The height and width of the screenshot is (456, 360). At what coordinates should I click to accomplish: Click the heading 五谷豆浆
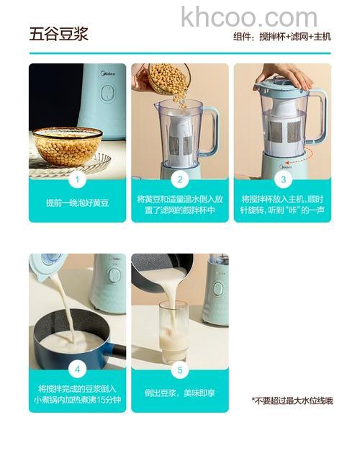coord(58,34)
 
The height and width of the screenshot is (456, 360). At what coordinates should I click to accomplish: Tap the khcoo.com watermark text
coord(248,17)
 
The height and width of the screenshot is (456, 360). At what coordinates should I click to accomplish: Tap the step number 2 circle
coord(180,180)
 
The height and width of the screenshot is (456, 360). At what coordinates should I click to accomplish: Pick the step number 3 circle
coord(282,180)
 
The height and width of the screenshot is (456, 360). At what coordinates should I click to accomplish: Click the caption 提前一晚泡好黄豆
coord(77,203)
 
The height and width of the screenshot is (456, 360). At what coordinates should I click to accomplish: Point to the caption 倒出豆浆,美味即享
coord(180,393)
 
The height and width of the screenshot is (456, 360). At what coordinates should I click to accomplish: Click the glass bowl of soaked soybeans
coord(68,146)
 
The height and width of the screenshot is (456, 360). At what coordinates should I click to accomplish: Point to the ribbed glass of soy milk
coord(174,331)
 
